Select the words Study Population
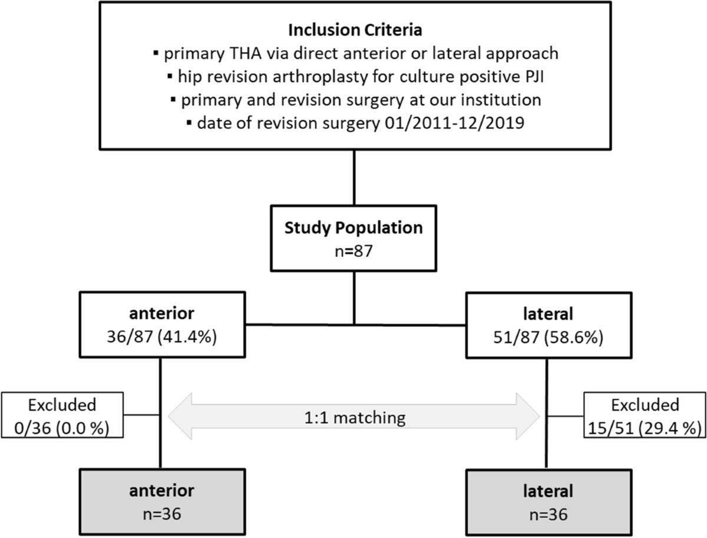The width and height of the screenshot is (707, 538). [x=353, y=227]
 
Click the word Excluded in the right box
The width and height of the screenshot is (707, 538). [x=645, y=405]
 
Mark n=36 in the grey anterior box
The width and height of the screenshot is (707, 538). [x=160, y=514]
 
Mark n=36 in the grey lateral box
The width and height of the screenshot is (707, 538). [x=547, y=514]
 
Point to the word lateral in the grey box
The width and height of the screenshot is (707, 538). [x=547, y=491]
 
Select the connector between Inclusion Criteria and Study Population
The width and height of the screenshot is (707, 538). [x=353, y=177]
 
